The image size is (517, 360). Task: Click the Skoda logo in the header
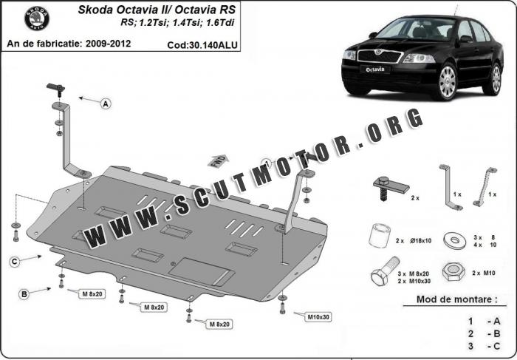click(x=37, y=18)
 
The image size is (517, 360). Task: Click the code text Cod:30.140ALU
click(x=202, y=45)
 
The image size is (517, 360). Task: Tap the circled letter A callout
click(x=106, y=104)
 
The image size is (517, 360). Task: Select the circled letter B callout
click(x=24, y=293)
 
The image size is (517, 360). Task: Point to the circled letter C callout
click(x=14, y=262)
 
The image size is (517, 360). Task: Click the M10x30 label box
click(x=318, y=317)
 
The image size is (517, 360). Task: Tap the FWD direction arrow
click(x=218, y=161)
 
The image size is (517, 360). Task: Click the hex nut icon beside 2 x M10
click(x=453, y=271)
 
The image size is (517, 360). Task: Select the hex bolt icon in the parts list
click(x=385, y=271)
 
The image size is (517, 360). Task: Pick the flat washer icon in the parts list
click(x=455, y=240)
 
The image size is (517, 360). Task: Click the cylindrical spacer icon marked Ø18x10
click(x=379, y=235)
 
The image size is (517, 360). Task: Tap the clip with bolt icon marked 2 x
click(x=391, y=188)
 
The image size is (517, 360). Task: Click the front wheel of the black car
click(x=447, y=81)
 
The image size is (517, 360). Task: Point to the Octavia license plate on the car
click(x=375, y=69)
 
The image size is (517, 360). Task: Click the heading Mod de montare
click(x=457, y=299)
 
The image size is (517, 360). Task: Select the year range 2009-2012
click(x=108, y=44)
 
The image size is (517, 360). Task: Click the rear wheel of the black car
click(x=495, y=79)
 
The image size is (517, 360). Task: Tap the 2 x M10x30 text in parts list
click(x=414, y=281)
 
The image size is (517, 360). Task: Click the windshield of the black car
click(x=416, y=29)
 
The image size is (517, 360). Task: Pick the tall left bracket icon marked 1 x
click(x=450, y=187)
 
